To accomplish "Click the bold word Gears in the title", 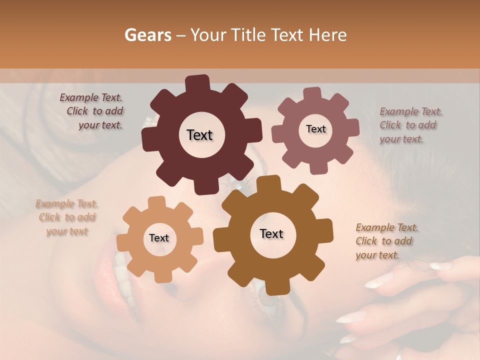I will (147, 35).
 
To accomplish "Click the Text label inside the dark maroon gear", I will (199, 135).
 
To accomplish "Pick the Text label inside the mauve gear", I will (315, 129).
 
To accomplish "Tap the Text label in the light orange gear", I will (159, 238).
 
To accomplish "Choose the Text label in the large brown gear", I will (271, 233).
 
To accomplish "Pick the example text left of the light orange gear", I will (67, 217).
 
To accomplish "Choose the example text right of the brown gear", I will (386, 241).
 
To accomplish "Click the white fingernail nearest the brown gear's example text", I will (440, 266).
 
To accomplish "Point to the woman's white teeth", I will (121, 272).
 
